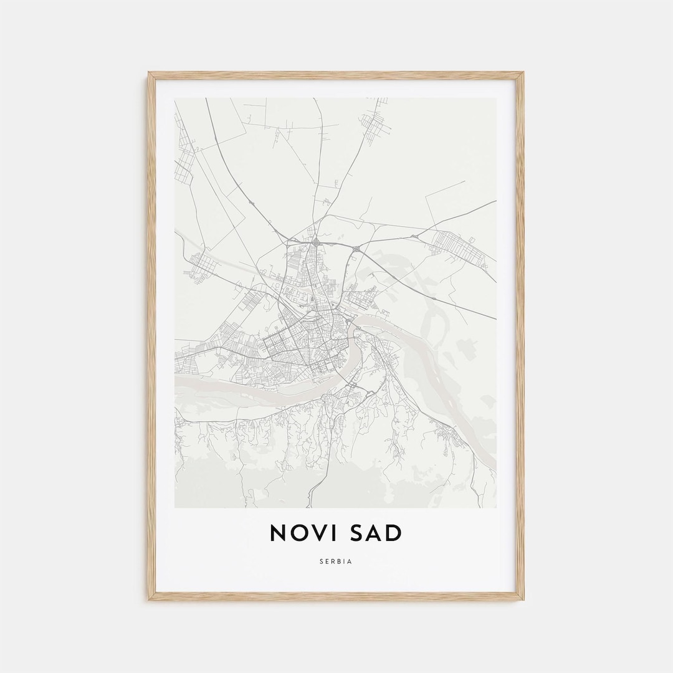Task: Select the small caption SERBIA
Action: click(336, 561)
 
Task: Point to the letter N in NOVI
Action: click(278, 533)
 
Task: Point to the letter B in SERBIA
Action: click(339, 561)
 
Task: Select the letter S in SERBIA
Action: click(322, 561)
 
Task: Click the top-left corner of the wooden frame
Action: click(149, 74)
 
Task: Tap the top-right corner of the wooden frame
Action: click(523, 74)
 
